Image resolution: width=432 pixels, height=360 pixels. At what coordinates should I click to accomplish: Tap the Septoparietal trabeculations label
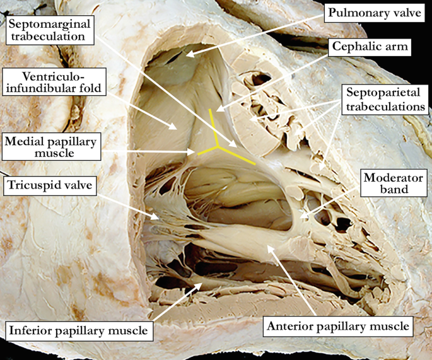click(x=385, y=100)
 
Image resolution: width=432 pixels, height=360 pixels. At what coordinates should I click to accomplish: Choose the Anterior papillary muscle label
click(x=338, y=327)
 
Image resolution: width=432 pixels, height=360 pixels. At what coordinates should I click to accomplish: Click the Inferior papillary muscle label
click(x=79, y=330)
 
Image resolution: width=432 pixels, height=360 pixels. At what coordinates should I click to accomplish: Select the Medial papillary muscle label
click(x=50, y=147)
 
